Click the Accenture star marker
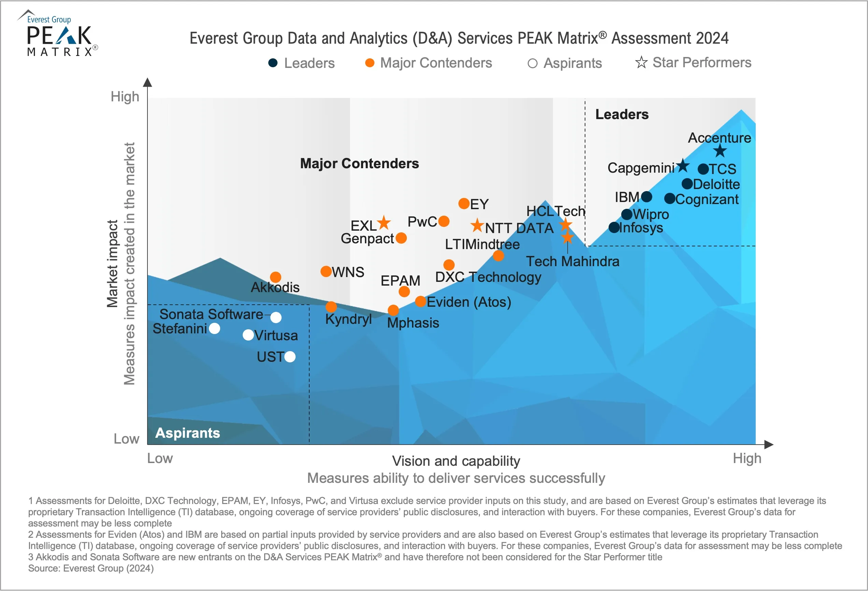pos(720,151)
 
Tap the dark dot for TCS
pos(703,169)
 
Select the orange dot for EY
pos(464,203)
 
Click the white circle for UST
pos(290,357)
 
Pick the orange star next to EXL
pos(384,223)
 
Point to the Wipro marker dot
pos(627,214)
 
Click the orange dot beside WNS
pos(326,271)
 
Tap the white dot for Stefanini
pos(214,329)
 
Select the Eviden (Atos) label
pos(469,302)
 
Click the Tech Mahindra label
pos(572,261)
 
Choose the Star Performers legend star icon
pos(641,62)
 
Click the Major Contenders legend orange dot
pos(370,63)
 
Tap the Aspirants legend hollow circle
pos(532,63)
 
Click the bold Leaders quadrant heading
pos(622,114)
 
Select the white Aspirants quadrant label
pos(187,433)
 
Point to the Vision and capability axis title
pos(456,461)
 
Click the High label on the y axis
pos(125,97)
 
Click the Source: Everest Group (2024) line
pos(91,568)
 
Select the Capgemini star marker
pos(683,165)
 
